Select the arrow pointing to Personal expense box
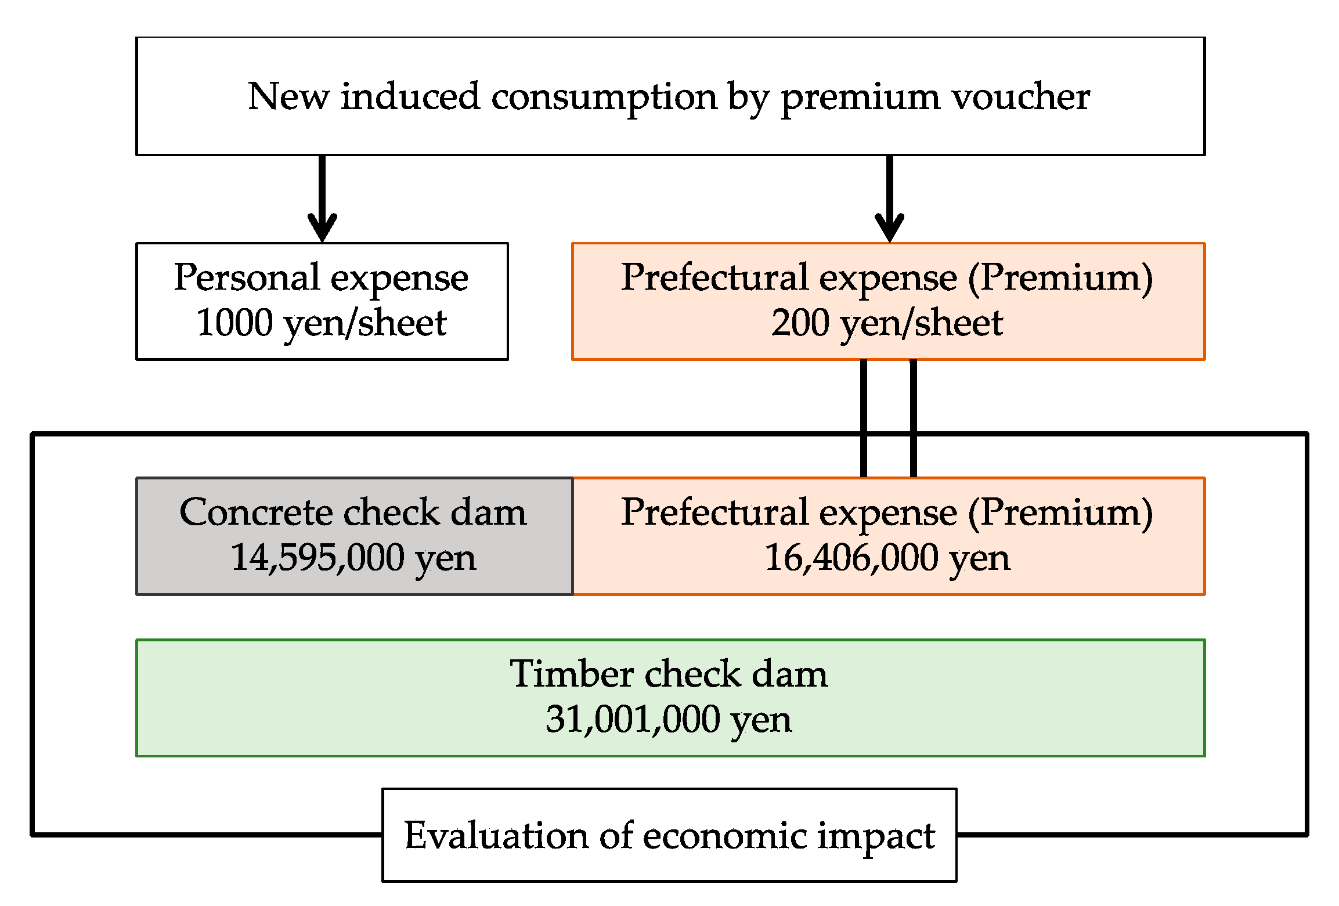[x=322, y=197]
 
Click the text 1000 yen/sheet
[x=322, y=323]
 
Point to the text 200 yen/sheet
[x=886, y=323]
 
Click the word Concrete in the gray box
[x=255, y=512]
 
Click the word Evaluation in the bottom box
[x=496, y=836]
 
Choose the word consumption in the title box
[x=604, y=98]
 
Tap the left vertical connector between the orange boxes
[x=864, y=418]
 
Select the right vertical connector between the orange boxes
[x=913, y=418]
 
